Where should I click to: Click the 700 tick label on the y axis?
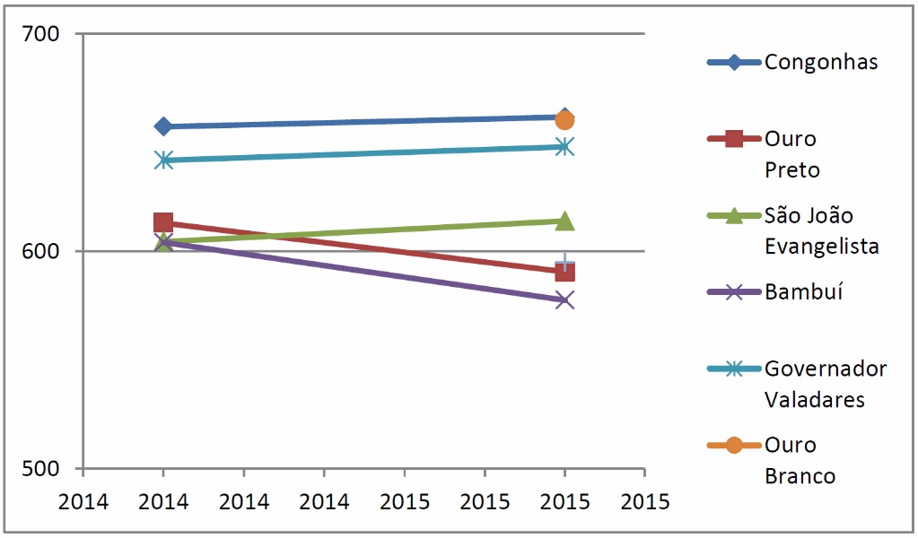tap(41, 34)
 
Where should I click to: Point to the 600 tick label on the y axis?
tap(41, 251)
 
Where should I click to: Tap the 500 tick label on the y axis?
tap(41, 468)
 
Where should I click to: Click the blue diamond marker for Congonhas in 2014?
tap(163, 126)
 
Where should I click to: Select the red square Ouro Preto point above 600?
tap(163, 223)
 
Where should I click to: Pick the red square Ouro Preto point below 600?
tap(564, 272)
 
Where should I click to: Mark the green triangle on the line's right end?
tap(564, 221)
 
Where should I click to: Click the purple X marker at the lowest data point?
tap(564, 299)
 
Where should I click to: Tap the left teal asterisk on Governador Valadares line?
tap(163, 161)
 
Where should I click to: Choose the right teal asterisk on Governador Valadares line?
tap(564, 147)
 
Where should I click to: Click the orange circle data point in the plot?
tap(564, 120)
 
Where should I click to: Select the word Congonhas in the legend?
tap(821, 62)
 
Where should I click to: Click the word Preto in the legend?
tap(792, 170)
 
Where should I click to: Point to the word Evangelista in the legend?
tap(821, 247)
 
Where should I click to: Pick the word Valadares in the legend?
tap(814, 399)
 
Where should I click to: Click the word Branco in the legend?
tap(800, 476)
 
